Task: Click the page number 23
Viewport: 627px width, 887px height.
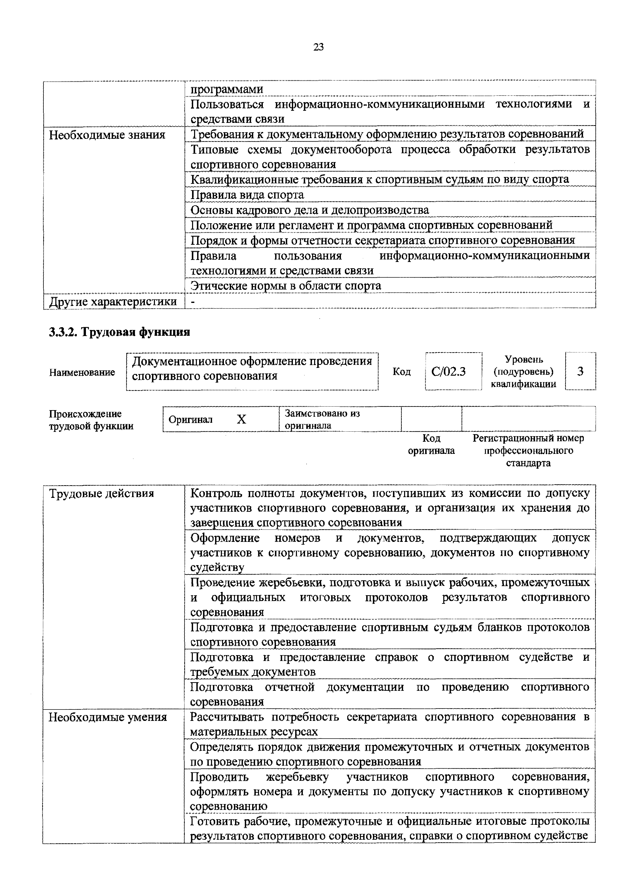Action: (318, 47)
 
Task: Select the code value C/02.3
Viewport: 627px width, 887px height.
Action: (448, 372)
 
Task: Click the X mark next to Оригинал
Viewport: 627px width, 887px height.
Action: (241, 419)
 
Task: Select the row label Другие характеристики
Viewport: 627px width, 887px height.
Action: (113, 301)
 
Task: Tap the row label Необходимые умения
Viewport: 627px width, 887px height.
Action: (107, 717)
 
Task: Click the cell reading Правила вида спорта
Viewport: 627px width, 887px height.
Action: (247, 195)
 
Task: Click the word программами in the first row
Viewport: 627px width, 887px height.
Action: (227, 89)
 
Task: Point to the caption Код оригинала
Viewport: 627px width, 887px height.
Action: (431, 444)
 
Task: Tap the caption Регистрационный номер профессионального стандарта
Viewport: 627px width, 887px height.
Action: (528, 451)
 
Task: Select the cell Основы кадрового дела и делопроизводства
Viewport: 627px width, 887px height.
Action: (310, 210)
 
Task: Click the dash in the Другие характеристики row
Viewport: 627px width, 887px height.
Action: (193, 301)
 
